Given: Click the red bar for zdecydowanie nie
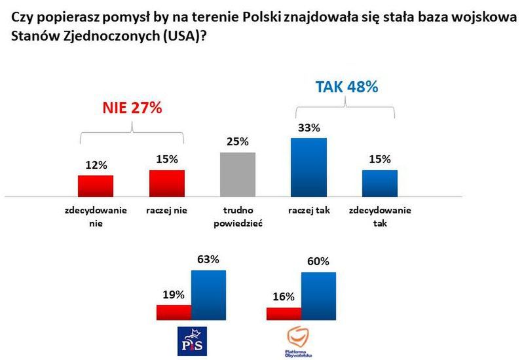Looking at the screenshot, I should point(96,186).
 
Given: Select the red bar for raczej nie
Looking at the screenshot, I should point(167,183).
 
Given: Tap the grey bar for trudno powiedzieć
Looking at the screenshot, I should point(237,174).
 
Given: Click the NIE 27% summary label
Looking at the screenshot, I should point(132,109).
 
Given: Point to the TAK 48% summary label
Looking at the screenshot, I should point(346,87).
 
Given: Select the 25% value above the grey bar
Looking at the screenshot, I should point(237,141).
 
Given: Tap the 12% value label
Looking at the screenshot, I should point(96,165).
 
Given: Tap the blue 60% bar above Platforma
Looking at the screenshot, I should point(318,297).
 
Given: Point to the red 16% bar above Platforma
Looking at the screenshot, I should point(284,314).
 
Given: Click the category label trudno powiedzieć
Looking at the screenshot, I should point(237,217).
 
